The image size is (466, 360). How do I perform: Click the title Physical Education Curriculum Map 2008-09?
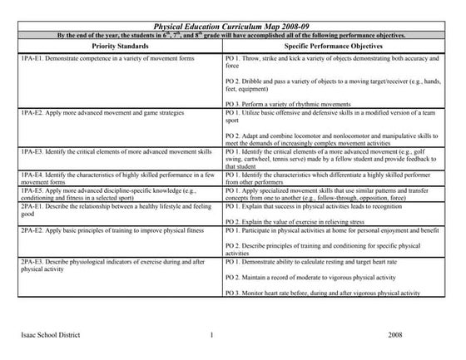tap(232, 27)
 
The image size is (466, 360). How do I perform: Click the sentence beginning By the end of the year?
tap(232, 37)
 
